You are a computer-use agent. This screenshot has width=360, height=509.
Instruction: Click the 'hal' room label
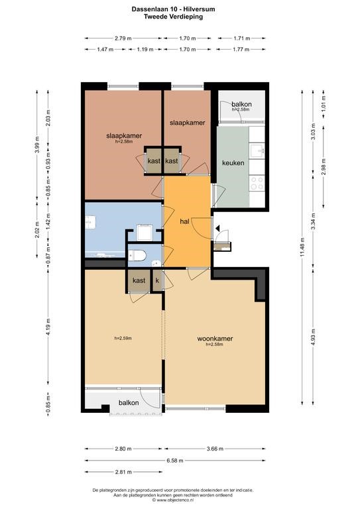(184, 222)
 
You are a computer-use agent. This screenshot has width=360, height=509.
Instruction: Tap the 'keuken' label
(233, 162)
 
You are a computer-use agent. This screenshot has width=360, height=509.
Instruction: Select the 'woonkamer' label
(215, 339)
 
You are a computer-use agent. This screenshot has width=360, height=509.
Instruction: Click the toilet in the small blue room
(137, 256)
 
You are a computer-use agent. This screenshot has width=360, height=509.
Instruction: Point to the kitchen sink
(257, 150)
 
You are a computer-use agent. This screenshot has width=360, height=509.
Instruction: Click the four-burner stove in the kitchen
(257, 184)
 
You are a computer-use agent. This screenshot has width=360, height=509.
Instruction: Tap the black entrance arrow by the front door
(217, 229)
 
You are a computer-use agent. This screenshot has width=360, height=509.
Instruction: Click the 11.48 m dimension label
(302, 248)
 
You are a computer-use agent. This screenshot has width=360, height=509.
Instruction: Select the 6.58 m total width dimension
(175, 461)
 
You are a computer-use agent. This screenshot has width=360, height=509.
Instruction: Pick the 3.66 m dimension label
(215, 449)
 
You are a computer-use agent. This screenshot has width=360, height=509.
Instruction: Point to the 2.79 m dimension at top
(123, 38)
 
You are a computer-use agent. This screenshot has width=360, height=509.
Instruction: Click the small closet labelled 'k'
(157, 280)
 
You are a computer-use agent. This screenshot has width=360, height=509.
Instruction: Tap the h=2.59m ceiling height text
(123, 338)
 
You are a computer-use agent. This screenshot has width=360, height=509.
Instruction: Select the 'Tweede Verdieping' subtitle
(173, 17)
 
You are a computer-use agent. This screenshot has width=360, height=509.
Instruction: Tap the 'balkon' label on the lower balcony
(129, 403)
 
